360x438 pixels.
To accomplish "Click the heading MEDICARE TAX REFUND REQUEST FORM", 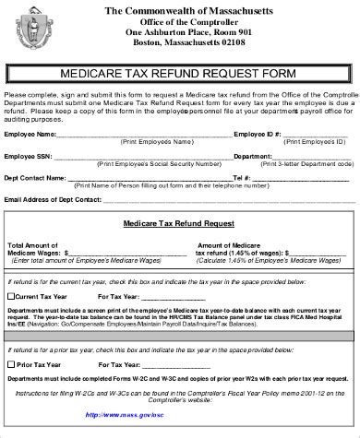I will [180, 73].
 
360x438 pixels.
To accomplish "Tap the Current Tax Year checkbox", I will [11, 297].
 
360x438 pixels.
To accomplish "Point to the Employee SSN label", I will [28, 156].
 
